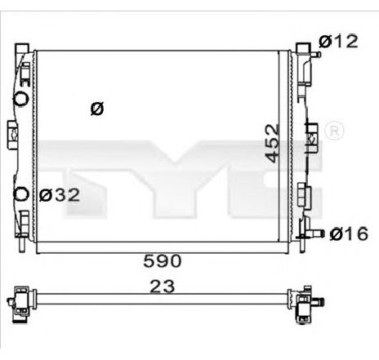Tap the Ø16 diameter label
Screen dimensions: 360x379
[346, 235]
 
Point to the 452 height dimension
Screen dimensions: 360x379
[271, 144]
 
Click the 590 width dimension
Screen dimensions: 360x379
[163, 261]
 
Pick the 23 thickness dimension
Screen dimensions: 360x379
[163, 286]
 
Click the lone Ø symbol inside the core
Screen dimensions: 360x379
[96, 108]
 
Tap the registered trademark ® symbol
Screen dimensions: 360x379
[334, 130]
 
